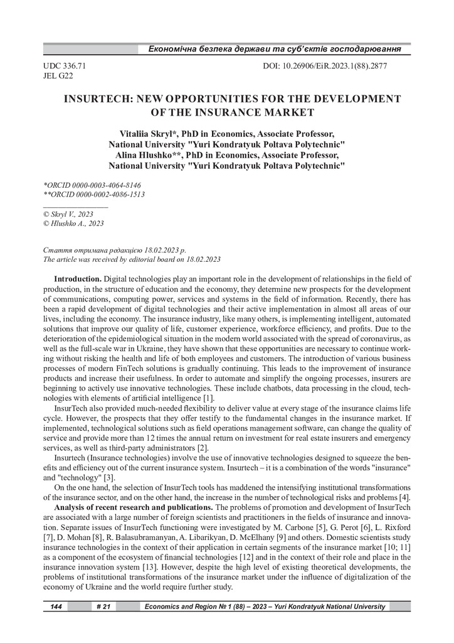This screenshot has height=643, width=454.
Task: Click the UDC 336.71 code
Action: pos(65,65)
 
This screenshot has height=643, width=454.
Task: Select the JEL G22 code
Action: pos(58,76)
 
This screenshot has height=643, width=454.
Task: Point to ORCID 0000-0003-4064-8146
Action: pos(92,186)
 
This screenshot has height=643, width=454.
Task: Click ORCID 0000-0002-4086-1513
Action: pos(93,195)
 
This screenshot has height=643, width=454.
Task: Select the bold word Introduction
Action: pos(78,278)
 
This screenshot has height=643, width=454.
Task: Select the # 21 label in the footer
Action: pos(103,607)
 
